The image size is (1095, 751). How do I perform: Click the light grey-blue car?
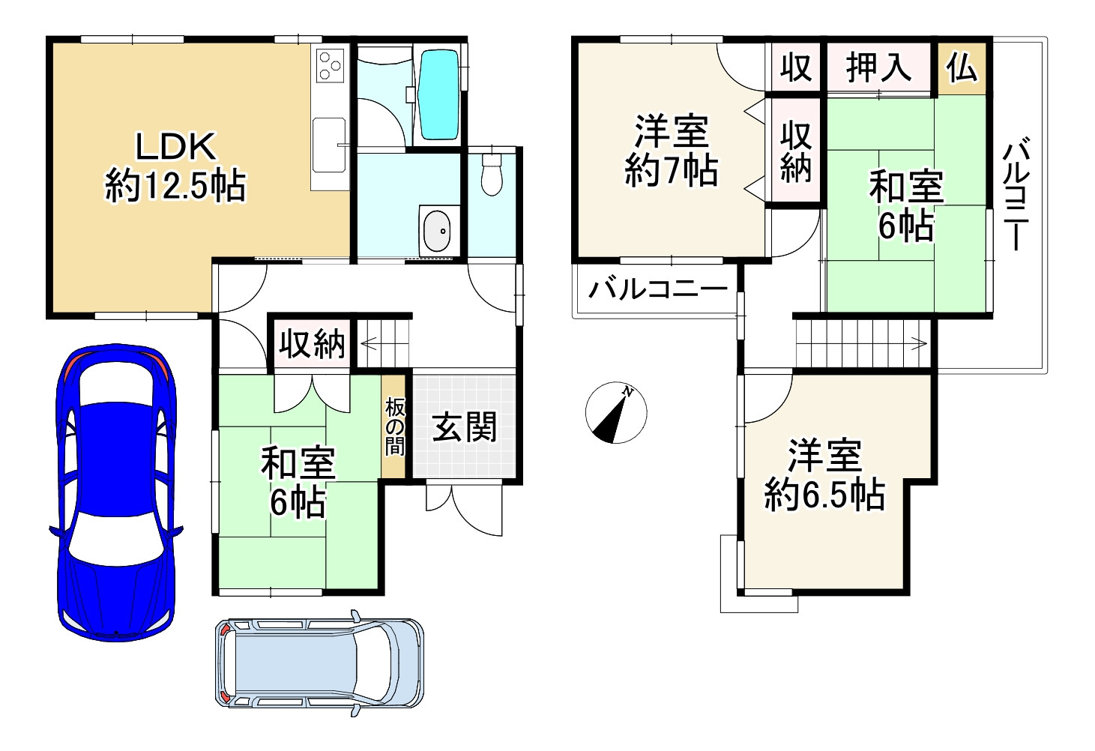click(319, 663)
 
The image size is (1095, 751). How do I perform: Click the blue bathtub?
click(438, 94)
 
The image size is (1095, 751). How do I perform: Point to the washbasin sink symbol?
click(438, 231)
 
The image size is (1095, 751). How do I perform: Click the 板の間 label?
click(395, 427)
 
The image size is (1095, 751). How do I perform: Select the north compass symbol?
click(616, 413)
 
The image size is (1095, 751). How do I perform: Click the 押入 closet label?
click(879, 67)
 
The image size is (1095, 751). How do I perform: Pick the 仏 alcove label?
click(962, 67)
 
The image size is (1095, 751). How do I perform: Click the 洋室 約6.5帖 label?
click(824, 475)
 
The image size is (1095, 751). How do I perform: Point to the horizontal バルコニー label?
click(658, 289)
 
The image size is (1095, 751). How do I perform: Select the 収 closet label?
click(796, 67)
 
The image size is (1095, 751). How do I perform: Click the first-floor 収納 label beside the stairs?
click(312, 345)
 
